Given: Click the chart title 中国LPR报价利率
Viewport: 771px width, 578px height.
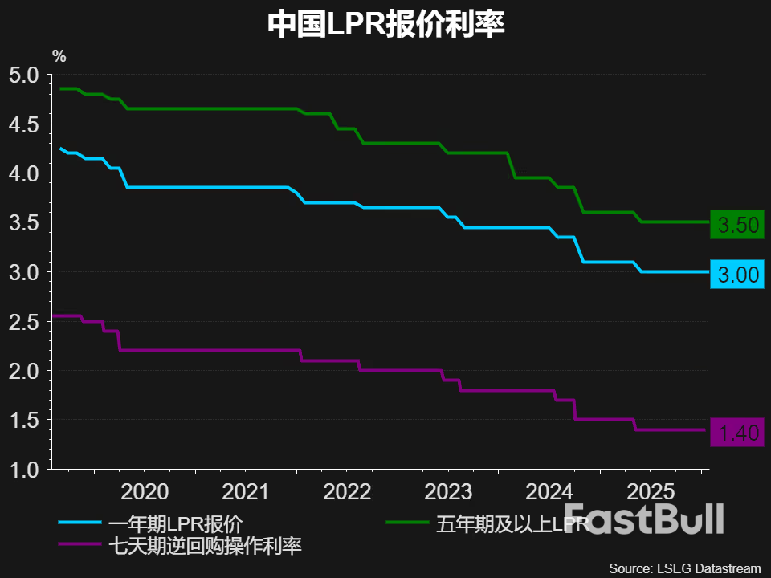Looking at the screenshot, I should click(x=385, y=25).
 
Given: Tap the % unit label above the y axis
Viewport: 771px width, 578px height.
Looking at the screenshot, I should click(x=59, y=56).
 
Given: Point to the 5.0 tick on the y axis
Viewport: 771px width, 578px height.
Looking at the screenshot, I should click(x=24, y=75).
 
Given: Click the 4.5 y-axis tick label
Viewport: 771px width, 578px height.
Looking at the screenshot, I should click(x=24, y=124).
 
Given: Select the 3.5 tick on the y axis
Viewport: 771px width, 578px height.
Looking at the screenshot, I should click(x=24, y=223).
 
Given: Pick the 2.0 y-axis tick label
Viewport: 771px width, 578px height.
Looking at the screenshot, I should click(x=24, y=371).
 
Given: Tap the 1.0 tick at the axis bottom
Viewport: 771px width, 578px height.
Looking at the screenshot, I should click(x=24, y=470).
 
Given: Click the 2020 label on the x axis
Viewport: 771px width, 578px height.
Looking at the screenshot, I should click(x=145, y=491).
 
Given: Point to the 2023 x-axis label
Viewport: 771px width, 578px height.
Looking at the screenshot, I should click(x=450, y=491).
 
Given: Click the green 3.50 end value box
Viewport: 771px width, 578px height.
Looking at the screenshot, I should click(x=737, y=226).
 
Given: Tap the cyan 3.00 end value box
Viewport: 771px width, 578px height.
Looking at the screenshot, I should click(x=737, y=275).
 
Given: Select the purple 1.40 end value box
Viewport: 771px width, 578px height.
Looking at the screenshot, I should click(x=737, y=433).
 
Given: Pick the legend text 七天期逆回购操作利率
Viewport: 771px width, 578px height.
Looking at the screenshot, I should click(x=204, y=547).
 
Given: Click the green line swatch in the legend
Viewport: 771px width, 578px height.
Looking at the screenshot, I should click(x=408, y=523).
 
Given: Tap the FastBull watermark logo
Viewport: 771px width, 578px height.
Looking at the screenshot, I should click(x=644, y=519).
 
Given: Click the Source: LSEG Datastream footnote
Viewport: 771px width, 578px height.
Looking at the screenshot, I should click(x=683, y=568).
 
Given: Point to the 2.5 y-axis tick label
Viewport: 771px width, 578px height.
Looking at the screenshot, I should click(x=24, y=322).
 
